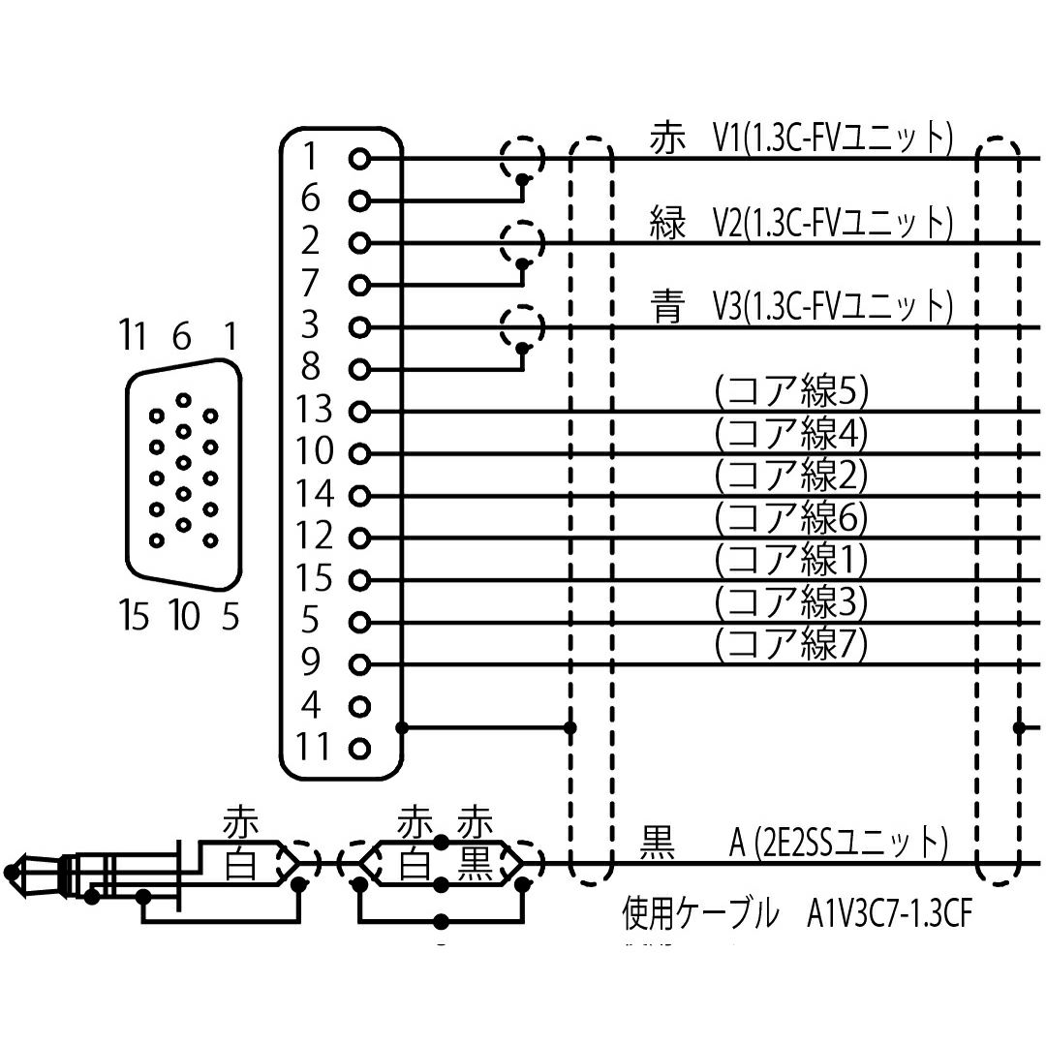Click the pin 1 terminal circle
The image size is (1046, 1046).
360,158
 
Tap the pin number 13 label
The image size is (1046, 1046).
313,411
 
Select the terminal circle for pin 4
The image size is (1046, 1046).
360,706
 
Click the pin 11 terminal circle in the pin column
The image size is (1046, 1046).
360,749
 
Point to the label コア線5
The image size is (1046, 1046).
790,392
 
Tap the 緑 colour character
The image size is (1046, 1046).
667,224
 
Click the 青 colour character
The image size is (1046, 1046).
667,308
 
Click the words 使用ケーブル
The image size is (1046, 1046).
699,913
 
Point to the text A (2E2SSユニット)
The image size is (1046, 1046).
837,842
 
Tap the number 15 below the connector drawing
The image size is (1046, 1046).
136,615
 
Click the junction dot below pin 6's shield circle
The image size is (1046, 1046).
523,179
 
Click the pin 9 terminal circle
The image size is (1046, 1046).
360,664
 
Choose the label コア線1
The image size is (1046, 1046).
790,559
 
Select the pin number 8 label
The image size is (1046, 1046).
311,368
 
